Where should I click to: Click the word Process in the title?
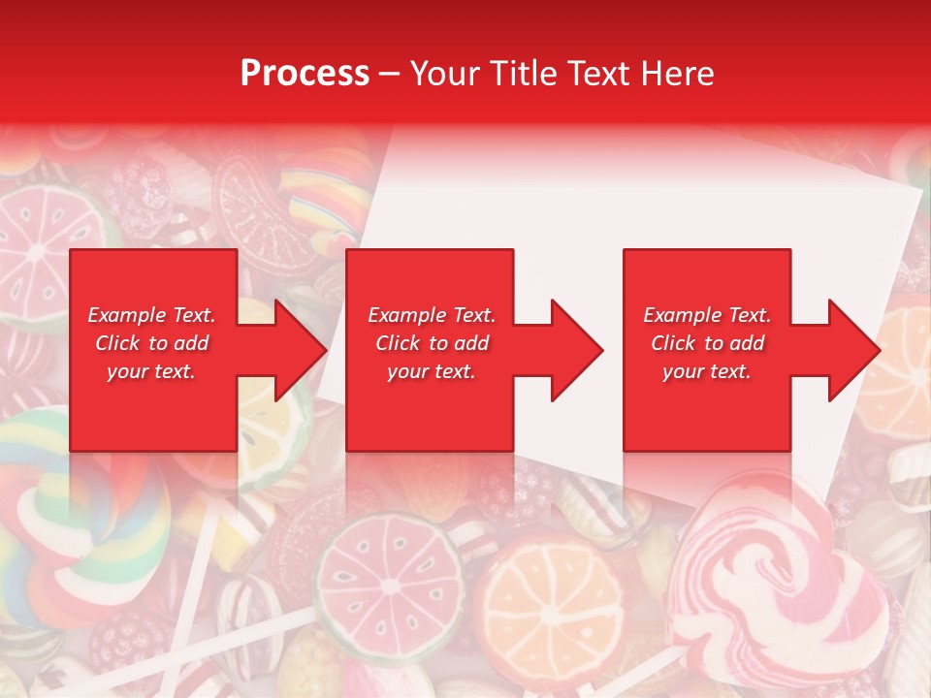coord(305,74)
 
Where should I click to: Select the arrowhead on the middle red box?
coord(571,350)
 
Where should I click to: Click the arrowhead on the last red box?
coord(849,350)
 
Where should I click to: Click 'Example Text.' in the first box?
coord(152,315)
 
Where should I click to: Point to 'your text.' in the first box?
coord(151,371)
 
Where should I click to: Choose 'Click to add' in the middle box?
coord(432,343)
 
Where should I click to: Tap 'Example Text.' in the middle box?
coord(432,315)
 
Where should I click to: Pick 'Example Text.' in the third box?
coord(707,315)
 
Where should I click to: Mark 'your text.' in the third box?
coord(707,371)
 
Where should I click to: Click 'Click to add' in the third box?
coord(707,343)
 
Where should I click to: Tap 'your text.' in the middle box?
coord(432,371)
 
